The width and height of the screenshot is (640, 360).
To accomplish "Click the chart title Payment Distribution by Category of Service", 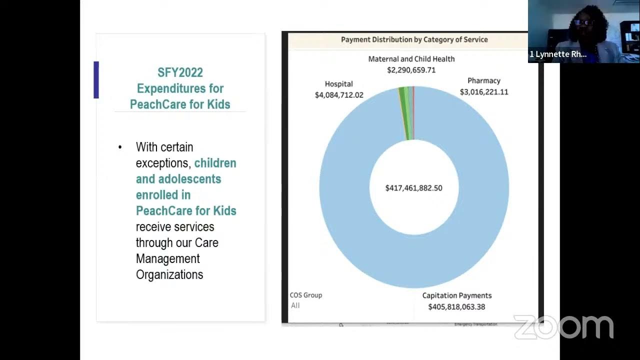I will pyautogui.click(x=414, y=39).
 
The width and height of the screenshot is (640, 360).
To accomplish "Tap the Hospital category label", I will pyautogui.click(x=338, y=84).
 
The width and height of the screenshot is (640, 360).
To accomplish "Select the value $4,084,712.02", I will pyautogui.click(x=339, y=95).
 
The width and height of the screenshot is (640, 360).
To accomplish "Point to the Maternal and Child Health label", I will pyautogui.click(x=411, y=59).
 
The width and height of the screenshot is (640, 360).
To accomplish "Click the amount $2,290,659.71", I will pyautogui.click(x=411, y=70).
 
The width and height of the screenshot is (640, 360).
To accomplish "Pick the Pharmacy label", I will pyautogui.click(x=483, y=80).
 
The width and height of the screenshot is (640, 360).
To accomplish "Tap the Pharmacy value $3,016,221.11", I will pyautogui.click(x=484, y=92).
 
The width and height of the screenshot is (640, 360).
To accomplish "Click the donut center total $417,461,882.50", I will pyautogui.click(x=413, y=188).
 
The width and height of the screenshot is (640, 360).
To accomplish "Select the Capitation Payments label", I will pyautogui.click(x=457, y=295).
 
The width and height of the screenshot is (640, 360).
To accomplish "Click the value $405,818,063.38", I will pyautogui.click(x=456, y=307).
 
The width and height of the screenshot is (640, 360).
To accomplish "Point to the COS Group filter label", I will pyautogui.click(x=306, y=295).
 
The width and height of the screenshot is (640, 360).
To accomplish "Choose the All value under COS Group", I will pyautogui.click(x=295, y=305).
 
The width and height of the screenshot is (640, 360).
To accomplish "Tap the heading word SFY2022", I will pyautogui.click(x=180, y=72).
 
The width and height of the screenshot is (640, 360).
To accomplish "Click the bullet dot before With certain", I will pyautogui.click(x=120, y=147).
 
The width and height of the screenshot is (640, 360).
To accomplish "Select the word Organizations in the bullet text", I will pyautogui.click(x=169, y=274).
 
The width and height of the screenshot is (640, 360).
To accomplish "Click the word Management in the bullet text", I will pyautogui.click(x=167, y=258).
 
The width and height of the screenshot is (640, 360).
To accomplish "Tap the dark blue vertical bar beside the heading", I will pyautogui.click(x=96, y=80).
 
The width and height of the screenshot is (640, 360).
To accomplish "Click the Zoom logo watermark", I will pyautogui.click(x=563, y=327).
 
